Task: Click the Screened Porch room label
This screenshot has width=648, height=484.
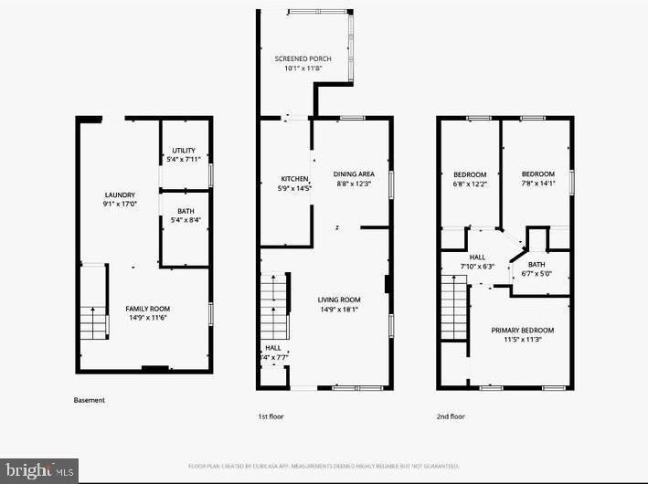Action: click(x=303, y=59)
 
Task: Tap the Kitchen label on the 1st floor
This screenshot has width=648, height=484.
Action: click(x=294, y=179)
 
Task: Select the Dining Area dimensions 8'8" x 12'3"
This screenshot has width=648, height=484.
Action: click(x=353, y=185)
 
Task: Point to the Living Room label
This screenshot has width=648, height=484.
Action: click(x=339, y=300)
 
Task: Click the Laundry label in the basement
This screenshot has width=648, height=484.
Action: click(x=120, y=195)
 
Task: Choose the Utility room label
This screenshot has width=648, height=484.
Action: click(x=184, y=150)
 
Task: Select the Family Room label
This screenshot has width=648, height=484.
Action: click(x=147, y=309)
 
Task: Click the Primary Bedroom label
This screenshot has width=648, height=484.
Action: click(x=522, y=330)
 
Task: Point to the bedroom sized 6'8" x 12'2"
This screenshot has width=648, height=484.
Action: click(x=471, y=174)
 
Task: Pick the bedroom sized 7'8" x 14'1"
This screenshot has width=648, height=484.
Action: click(x=537, y=174)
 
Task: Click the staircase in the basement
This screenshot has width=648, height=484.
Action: click(x=93, y=322)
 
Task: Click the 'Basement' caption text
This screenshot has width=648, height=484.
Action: click(x=89, y=400)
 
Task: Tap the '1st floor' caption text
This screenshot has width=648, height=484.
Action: click(x=271, y=416)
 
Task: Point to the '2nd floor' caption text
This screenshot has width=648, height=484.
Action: click(x=451, y=416)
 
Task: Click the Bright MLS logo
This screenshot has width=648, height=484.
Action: click(x=38, y=470)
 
